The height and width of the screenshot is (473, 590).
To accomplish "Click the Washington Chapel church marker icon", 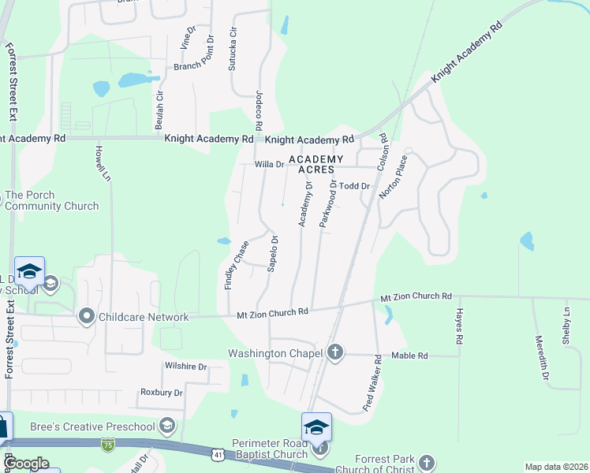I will coord(335,352).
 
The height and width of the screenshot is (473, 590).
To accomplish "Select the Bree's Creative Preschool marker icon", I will coord(166,426).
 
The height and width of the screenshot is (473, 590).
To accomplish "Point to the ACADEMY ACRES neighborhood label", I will coord(311,164).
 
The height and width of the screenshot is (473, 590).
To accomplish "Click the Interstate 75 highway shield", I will coord(107,445).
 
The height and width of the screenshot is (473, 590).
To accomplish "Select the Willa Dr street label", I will coord(269,164).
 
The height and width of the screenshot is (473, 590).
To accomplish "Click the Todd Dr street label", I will coord(354,186).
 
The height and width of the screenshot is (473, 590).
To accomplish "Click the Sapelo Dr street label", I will coord(273,253).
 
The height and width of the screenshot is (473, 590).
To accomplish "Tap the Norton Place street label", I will coord(393,177).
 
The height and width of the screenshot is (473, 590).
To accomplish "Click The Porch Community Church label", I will coord(52,200).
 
